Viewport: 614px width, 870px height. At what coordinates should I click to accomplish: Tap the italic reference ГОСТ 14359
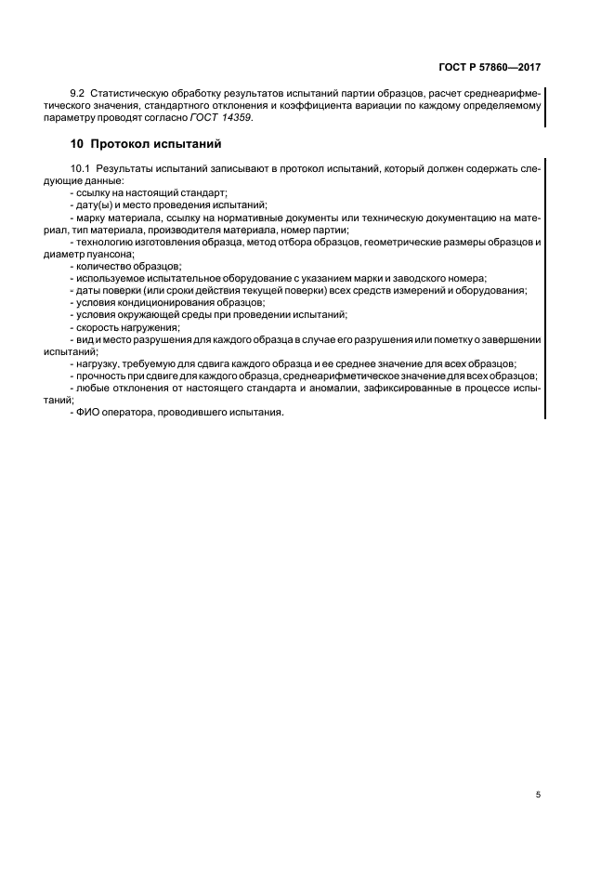(221, 118)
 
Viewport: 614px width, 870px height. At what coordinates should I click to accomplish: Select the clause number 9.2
(78, 93)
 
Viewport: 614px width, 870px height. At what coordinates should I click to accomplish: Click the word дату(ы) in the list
(93, 204)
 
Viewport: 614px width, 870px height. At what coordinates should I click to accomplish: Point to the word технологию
(106, 242)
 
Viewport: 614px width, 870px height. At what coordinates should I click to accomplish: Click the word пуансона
(113, 254)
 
